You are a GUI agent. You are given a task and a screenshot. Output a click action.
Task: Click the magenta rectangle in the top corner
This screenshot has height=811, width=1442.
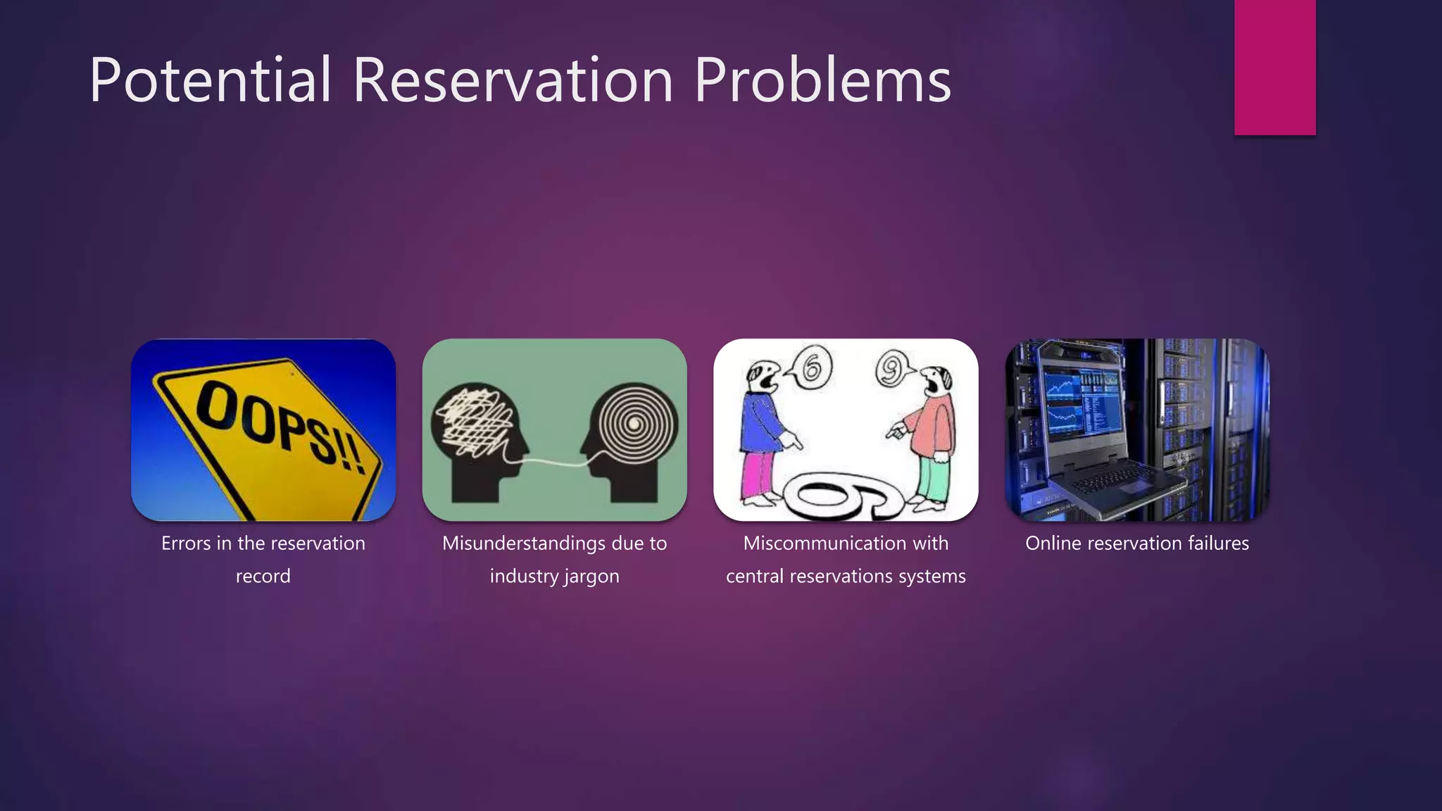tap(1274, 67)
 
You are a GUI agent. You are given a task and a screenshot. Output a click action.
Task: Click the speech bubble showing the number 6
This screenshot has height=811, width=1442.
tap(810, 367)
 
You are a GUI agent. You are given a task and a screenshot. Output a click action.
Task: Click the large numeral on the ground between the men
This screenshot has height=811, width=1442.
tap(845, 496)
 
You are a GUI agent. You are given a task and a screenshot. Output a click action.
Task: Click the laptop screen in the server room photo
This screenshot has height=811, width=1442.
tap(1081, 405)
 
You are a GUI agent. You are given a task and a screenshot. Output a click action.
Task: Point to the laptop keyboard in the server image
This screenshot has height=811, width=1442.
tap(1120, 482)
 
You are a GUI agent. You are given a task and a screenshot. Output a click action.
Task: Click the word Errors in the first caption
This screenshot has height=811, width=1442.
tap(185, 543)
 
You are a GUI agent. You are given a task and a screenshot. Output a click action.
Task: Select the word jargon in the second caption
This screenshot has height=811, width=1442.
tap(591, 577)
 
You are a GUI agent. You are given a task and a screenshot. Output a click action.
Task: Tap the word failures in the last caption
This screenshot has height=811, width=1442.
tap(1218, 543)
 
